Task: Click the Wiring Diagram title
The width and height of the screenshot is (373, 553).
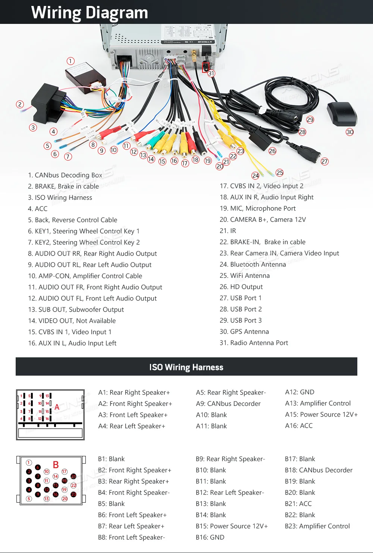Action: click(90, 12)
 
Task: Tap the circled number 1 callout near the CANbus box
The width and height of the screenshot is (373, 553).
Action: click(70, 61)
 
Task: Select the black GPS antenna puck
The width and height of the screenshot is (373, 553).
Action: click(341, 114)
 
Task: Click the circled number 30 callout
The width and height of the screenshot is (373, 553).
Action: click(350, 132)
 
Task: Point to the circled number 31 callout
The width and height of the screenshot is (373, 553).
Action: click(211, 73)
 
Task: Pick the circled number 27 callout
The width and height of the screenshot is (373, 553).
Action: click(325, 161)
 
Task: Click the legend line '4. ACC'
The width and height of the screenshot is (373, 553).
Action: click(38, 209)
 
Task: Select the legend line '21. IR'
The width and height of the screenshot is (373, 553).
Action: click(228, 231)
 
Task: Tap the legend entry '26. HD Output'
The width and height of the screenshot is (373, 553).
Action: click(241, 287)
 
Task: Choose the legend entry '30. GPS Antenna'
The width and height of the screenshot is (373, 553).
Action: click(244, 332)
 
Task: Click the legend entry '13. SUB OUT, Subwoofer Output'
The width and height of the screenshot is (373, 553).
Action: click(76, 310)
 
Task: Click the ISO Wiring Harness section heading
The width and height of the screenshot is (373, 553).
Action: click(186, 367)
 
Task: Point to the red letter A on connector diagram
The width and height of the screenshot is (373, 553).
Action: click(57, 407)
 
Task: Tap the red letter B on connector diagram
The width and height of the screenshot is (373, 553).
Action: click(56, 465)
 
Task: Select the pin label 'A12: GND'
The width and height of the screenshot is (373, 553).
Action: click(300, 392)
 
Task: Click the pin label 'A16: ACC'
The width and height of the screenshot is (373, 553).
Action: click(299, 426)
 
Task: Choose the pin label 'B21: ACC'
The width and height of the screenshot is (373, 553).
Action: click(298, 504)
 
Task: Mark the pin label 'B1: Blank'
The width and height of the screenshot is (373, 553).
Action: click(111, 459)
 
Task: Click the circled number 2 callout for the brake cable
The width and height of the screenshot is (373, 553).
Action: click(20, 105)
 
